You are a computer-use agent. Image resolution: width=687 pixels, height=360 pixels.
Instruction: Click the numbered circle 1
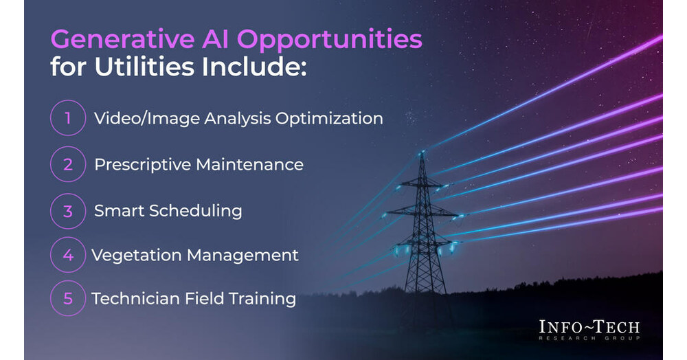tap(68, 118)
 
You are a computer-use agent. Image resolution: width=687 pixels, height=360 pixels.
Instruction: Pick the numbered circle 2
tap(68, 165)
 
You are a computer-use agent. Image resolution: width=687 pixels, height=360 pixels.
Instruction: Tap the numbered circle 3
tap(68, 210)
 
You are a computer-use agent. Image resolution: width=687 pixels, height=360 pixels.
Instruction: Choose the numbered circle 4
tap(68, 255)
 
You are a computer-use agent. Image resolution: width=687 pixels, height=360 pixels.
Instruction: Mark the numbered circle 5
tap(68, 299)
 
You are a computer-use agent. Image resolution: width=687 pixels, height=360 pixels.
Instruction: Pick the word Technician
tap(130, 299)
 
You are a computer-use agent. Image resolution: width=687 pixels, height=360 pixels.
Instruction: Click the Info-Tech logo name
tap(589, 326)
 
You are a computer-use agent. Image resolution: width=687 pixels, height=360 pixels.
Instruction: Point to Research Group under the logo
tap(589, 339)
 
